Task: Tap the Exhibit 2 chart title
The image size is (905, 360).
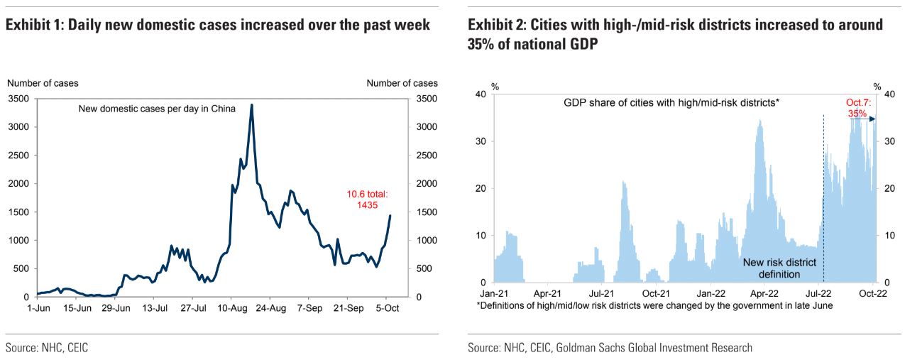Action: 675,35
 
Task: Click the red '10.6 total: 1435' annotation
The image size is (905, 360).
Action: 367,199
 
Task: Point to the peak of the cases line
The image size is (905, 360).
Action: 252,105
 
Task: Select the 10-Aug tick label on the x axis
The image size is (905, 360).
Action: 231,309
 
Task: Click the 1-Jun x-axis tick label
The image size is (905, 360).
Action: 38,309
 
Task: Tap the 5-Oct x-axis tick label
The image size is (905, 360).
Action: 387,309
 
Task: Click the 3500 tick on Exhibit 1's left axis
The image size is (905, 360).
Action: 18,99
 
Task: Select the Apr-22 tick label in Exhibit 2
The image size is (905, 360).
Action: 765,292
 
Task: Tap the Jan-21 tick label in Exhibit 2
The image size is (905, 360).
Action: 493,292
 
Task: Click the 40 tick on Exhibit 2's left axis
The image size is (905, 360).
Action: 480,94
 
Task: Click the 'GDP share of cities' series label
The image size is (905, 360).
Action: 671,102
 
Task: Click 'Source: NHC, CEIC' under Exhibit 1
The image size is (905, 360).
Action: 48,348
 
